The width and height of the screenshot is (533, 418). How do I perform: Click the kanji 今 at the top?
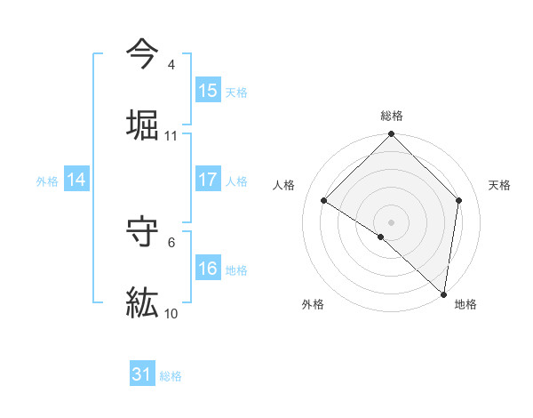pyautogui.click(x=142, y=53)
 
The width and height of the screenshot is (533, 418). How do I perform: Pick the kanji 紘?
pyautogui.click(x=142, y=303)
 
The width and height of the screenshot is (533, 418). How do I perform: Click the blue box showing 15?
pyautogui.click(x=208, y=91)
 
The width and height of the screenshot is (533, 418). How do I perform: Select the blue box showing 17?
pyautogui.click(x=208, y=180)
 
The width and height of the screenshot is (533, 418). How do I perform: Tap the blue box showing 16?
pyautogui.click(x=208, y=269)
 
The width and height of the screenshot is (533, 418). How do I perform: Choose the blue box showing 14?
pyautogui.click(x=76, y=180)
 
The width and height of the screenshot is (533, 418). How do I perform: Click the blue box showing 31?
pyautogui.click(x=142, y=374)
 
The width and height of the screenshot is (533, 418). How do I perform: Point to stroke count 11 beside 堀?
pyautogui.click(x=171, y=136)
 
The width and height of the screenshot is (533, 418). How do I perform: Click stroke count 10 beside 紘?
pyautogui.click(x=171, y=314)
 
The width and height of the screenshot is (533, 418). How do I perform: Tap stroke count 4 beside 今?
pyautogui.click(x=171, y=66)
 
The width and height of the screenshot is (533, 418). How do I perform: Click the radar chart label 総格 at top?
pyautogui.click(x=392, y=116)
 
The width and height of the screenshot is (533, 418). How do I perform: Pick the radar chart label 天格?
pyautogui.click(x=500, y=185)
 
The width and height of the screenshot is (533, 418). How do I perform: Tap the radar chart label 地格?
pyautogui.click(x=465, y=304)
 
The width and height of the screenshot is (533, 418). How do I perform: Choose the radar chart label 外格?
pyautogui.click(x=313, y=304)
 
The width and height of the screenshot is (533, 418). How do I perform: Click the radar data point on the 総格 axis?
pyautogui.click(x=392, y=135)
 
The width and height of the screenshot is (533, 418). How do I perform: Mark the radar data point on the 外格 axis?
pyautogui.click(x=380, y=237)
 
